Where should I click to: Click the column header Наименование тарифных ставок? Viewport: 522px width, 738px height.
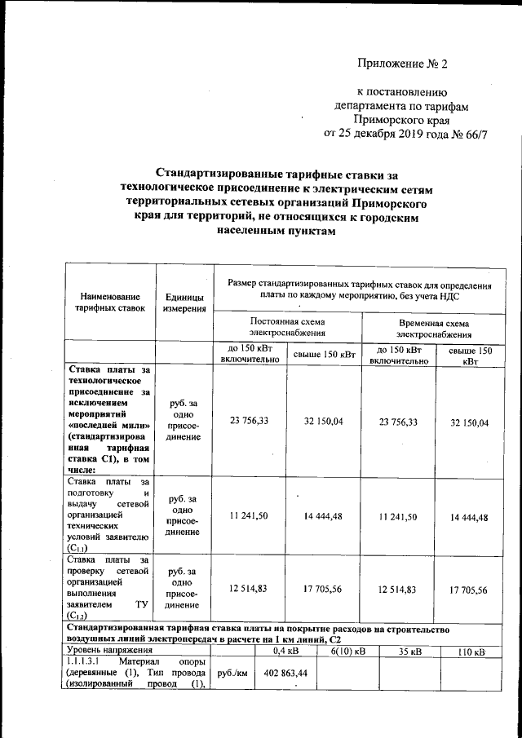(110, 303)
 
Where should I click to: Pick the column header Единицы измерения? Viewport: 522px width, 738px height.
(184, 303)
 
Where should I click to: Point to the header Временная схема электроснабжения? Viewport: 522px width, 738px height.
(434, 328)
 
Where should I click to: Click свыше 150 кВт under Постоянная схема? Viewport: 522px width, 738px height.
(324, 354)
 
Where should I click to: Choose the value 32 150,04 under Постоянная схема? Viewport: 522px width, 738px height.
(324, 422)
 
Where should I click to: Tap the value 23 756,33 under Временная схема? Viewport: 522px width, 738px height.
(398, 422)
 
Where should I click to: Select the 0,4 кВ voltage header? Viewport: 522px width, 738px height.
(285, 651)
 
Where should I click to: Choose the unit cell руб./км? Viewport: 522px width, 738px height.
(231, 674)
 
